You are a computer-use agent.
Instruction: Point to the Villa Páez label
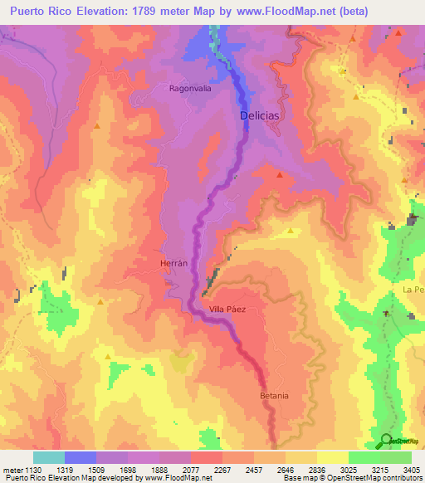point(228,309)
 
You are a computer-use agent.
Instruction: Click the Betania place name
point(274,395)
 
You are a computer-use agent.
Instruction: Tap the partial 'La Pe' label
point(413,289)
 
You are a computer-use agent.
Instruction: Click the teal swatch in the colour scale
point(49,457)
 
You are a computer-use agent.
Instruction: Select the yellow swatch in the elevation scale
point(332,457)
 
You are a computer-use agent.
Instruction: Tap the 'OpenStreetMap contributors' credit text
point(375,478)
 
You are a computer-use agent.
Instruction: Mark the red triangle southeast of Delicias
point(280,175)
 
